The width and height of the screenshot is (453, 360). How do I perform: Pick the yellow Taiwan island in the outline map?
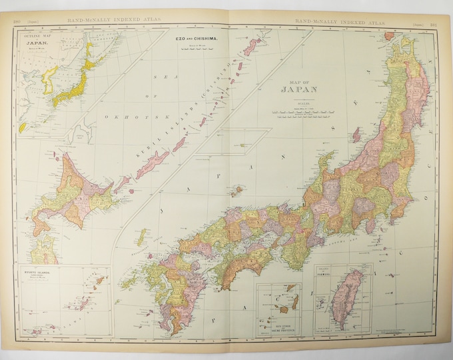click(23, 127)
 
